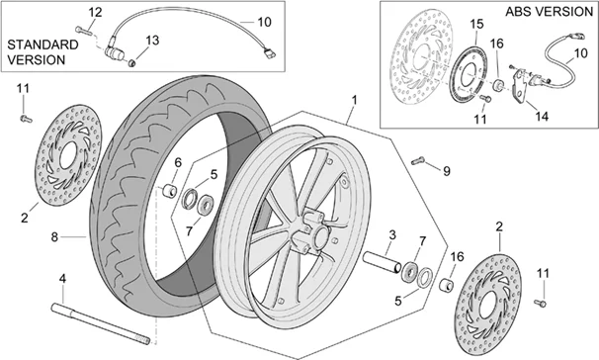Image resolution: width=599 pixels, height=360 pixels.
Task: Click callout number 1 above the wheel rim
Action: point(354,101)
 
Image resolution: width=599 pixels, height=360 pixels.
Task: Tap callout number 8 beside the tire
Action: point(54,237)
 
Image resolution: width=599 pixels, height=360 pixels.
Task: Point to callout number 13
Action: point(152,41)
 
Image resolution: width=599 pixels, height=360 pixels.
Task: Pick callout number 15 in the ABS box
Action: point(476,24)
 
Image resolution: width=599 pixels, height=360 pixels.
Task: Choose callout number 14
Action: point(542,116)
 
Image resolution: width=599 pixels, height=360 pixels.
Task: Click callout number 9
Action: point(447,171)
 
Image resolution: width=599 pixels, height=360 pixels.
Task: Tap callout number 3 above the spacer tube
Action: point(392,235)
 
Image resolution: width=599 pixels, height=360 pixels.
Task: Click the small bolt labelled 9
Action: point(418,161)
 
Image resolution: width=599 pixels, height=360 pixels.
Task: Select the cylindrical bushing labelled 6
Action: point(169,191)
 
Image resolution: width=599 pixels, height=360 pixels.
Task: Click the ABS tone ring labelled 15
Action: point(468,74)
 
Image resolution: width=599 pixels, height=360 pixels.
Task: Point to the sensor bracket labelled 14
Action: point(520,86)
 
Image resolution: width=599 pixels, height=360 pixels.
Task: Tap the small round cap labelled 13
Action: point(132,62)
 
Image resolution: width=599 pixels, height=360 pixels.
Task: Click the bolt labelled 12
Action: point(82,30)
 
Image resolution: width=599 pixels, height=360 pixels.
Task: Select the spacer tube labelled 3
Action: point(382,262)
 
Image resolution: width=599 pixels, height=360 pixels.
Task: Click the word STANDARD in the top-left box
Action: point(43,45)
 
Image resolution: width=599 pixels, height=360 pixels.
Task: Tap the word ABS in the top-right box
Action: point(518,12)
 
